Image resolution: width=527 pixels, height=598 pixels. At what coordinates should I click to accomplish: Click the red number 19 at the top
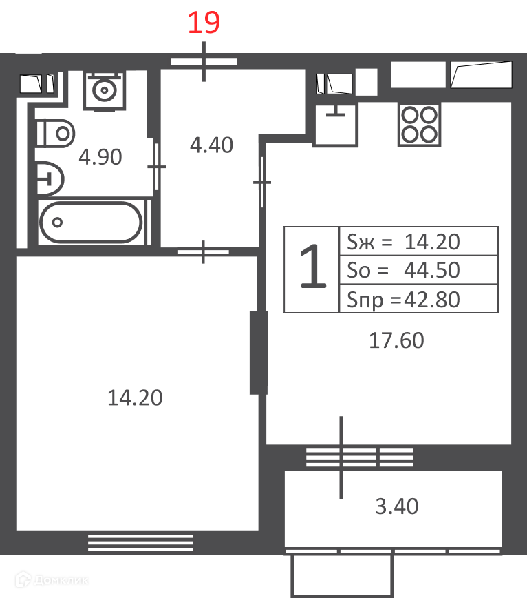click(204, 23)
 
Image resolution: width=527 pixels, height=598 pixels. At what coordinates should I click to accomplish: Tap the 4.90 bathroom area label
click(100, 157)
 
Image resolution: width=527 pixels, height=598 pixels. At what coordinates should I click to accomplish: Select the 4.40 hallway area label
click(211, 145)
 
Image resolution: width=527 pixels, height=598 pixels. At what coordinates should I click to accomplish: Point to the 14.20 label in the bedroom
click(135, 398)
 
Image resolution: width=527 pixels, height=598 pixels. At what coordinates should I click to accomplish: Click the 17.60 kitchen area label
click(396, 340)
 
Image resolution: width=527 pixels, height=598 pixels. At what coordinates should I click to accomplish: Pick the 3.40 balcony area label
click(397, 506)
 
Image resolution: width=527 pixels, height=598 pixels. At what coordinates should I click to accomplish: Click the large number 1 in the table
click(313, 265)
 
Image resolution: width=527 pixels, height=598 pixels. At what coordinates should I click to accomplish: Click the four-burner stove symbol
click(419, 124)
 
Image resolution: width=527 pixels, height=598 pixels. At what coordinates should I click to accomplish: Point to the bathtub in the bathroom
click(92, 223)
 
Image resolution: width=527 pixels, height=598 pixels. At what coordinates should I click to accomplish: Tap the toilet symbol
click(56, 134)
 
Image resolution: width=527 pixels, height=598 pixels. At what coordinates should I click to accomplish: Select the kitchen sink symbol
click(336, 124)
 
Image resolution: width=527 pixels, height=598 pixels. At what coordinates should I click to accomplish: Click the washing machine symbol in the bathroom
click(105, 90)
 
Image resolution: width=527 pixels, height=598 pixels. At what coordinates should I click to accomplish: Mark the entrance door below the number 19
click(204, 61)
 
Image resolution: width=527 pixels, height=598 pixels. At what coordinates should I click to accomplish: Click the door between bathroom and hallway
click(156, 167)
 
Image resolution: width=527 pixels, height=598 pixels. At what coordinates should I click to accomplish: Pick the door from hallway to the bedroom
click(203, 251)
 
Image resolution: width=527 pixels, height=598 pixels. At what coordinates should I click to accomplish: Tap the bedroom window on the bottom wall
click(140, 543)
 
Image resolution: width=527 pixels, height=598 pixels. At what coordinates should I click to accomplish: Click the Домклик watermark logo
click(52, 580)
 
